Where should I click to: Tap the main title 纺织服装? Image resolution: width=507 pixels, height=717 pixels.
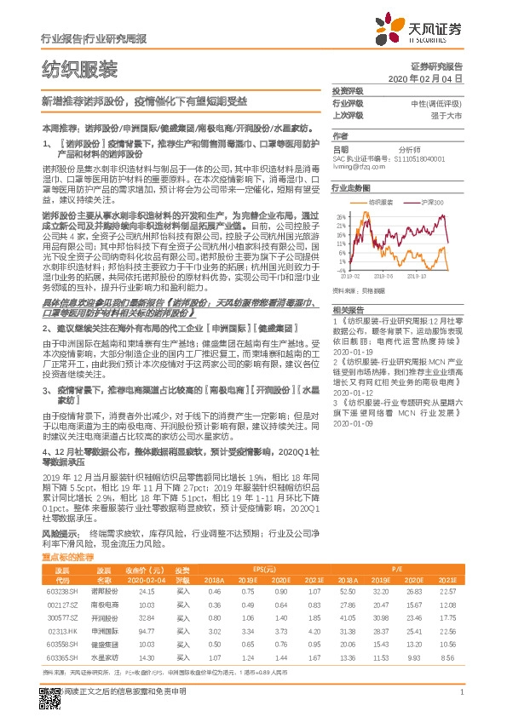coord(79,69)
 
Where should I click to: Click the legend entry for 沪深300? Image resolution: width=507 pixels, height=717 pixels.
coord(429,203)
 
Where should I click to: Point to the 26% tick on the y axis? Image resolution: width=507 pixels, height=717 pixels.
coord(340,215)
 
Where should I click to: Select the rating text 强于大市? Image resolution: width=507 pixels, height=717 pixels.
coord(445,115)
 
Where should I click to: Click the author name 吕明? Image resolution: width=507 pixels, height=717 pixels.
coord(340,147)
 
